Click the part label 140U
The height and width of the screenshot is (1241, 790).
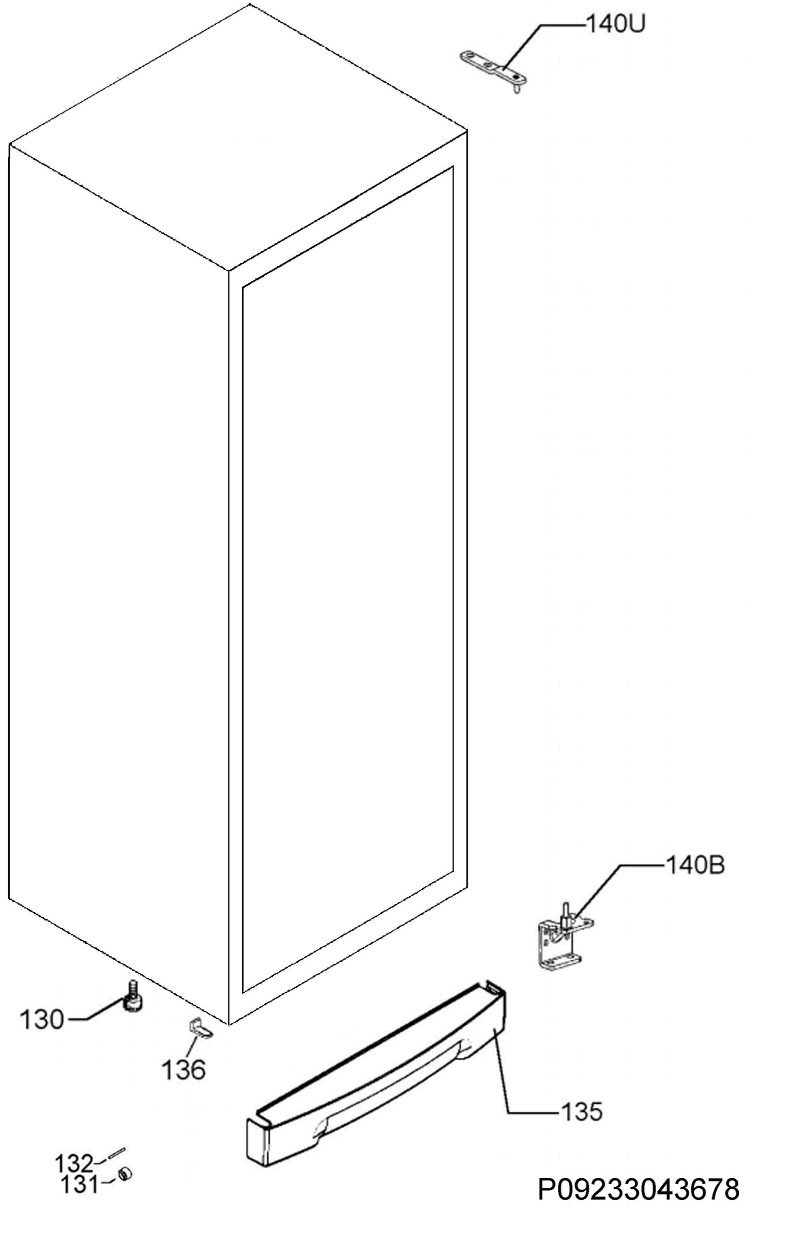click(x=615, y=24)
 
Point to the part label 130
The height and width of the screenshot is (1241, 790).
click(x=41, y=1020)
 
